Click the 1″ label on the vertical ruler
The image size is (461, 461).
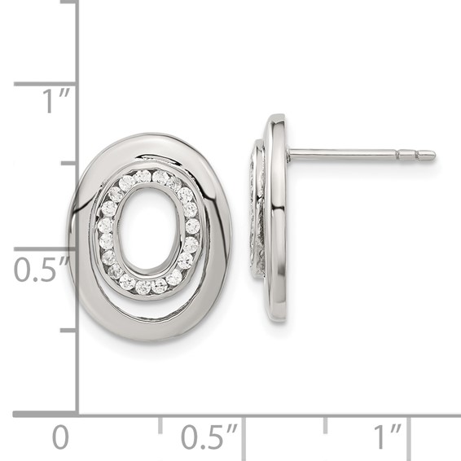point(56,101)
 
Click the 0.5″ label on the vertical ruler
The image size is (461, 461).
point(42,270)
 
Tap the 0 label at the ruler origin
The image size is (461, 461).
point(60,437)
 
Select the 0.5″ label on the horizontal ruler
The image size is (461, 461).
point(209,437)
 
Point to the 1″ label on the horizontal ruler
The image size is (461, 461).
point(387,437)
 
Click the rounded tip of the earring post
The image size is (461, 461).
point(432,155)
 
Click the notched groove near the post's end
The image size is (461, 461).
point(418,155)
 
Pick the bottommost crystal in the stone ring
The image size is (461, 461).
point(143,288)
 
